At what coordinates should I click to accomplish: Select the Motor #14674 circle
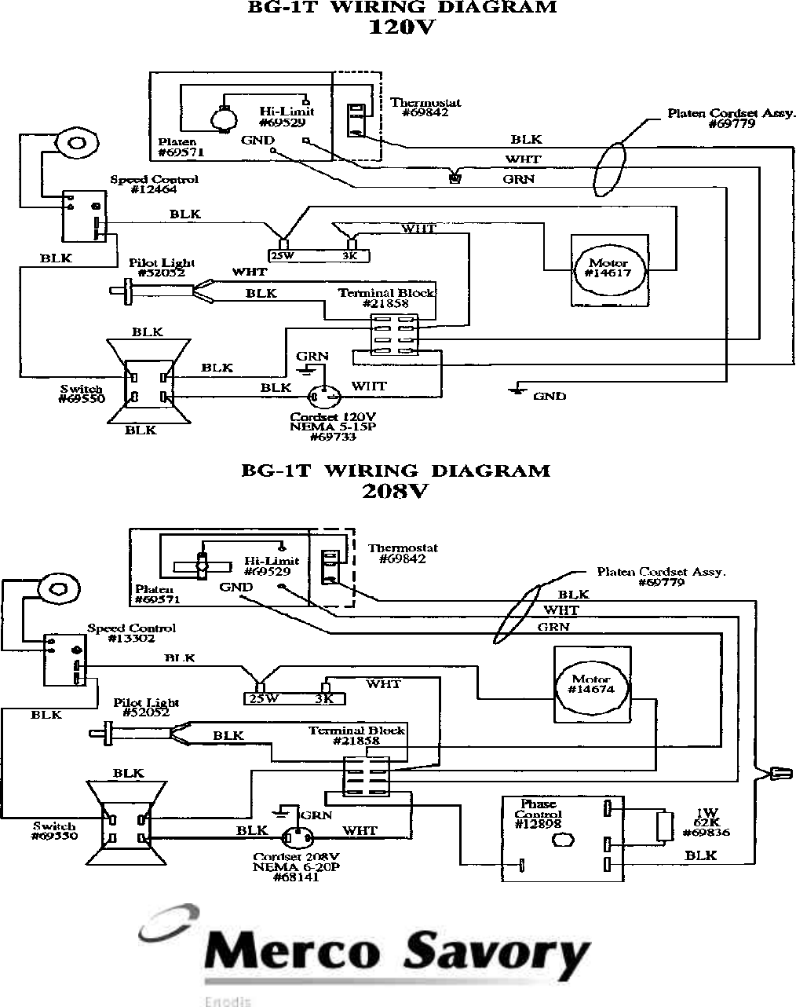pyautogui.click(x=591, y=685)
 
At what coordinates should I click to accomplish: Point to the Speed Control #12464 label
pyautogui.click(x=154, y=185)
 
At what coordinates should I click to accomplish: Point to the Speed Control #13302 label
pyautogui.click(x=131, y=633)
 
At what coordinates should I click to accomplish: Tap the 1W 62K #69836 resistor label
pyautogui.click(x=711, y=824)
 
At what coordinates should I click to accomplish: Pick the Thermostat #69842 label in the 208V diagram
pyautogui.click(x=403, y=553)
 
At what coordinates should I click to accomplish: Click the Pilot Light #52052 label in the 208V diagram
pyautogui.click(x=146, y=708)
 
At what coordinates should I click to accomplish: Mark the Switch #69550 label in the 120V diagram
pyautogui.click(x=81, y=394)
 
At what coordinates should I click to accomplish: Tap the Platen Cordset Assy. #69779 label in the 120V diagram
pyautogui.click(x=727, y=118)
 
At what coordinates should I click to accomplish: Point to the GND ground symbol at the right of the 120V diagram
pyautogui.click(x=516, y=389)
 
